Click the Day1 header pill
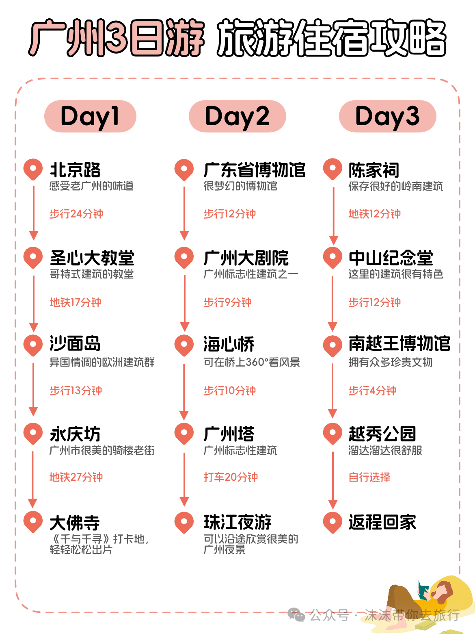(90, 116)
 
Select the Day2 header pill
(237, 116)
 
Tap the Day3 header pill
(387, 116)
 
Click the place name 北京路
(75, 170)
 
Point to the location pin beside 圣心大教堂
(33, 257)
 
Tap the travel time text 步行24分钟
(76, 214)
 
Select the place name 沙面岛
(75, 344)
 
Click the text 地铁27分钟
(76, 477)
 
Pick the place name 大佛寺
(75, 523)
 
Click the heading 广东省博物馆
(255, 170)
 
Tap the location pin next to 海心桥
(184, 345)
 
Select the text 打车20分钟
(231, 477)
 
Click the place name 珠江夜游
(237, 522)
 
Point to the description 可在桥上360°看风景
(252, 362)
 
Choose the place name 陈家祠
(374, 170)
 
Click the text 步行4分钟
(372, 391)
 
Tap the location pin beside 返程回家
(332, 521)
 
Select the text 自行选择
(369, 477)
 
